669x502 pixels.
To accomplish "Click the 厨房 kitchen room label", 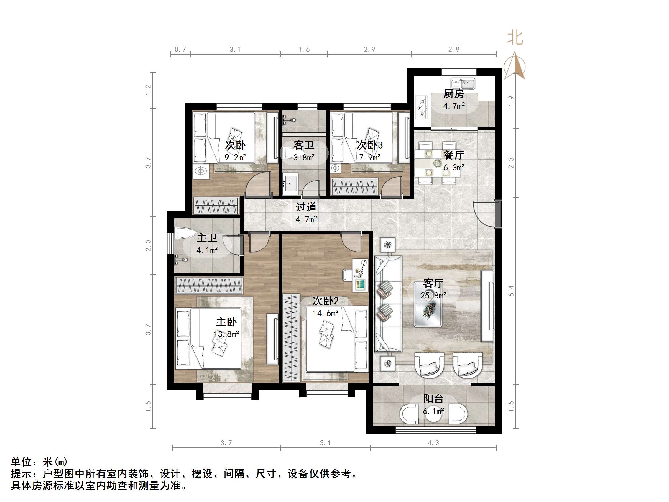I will (x=453, y=94).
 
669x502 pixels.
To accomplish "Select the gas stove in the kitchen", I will (x=421, y=107).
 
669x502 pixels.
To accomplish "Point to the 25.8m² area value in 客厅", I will (x=433, y=295).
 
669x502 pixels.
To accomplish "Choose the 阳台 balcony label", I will (x=433, y=398).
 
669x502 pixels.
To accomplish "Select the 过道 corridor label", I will (x=306, y=207).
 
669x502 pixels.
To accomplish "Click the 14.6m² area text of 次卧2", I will (x=326, y=313).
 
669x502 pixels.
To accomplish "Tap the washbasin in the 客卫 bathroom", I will (x=290, y=182).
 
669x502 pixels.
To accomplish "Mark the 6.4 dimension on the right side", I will (x=511, y=291).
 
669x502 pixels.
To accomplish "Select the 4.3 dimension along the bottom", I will (x=433, y=443).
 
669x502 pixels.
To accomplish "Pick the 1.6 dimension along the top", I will (x=304, y=50).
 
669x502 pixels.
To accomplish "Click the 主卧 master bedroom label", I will (x=226, y=322).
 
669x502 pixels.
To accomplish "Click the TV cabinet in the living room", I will (x=487, y=306).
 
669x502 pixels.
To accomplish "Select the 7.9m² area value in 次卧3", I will (x=369, y=157).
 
